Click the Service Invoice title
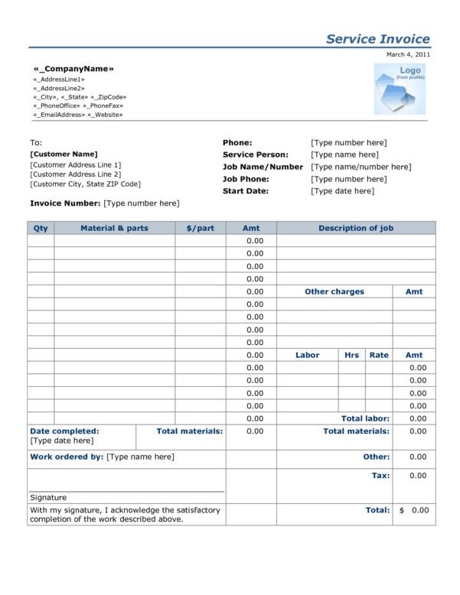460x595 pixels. coord(377,39)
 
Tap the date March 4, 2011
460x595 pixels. coord(408,55)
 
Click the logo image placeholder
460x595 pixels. coord(400,89)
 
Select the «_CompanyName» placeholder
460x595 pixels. coord(73,69)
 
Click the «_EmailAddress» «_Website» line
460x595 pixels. coord(77,115)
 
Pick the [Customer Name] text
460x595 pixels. coord(64,154)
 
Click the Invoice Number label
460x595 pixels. coord(65,203)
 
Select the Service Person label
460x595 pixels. coord(256,154)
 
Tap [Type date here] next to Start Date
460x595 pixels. coord(342,191)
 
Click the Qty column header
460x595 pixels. coord(41,228)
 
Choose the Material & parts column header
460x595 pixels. coord(114,228)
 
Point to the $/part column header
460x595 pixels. coord(201,228)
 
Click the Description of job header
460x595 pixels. coord(356,228)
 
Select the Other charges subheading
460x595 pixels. coord(334,291)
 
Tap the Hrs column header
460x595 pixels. coord(351,355)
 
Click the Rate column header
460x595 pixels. coord(379,355)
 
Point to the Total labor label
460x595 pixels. coord(365,418)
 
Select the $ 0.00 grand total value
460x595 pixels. coord(414,510)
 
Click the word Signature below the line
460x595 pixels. coord(48,497)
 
